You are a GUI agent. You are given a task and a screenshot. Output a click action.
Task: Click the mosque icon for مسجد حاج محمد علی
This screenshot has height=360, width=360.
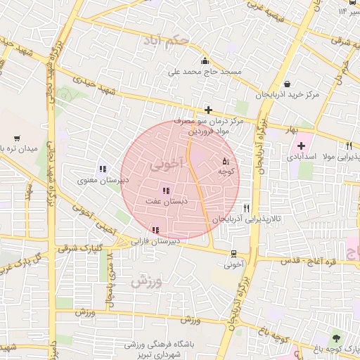pyautogui.click(x=205, y=61)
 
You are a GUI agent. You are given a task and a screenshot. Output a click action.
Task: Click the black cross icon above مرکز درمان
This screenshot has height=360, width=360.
pyautogui.click(x=208, y=110)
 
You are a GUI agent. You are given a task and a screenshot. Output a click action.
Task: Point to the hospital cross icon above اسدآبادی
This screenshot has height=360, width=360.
pyautogui.click(x=302, y=145)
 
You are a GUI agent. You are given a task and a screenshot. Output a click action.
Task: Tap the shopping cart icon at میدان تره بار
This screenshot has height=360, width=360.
pyautogui.click(x=17, y=139)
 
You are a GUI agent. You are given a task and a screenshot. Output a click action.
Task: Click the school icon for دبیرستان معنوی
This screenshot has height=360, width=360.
pyautogui.click(x=103, y=169)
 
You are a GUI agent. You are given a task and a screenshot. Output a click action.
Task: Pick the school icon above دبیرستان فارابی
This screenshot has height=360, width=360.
pyautogui.click(x=155, y=230)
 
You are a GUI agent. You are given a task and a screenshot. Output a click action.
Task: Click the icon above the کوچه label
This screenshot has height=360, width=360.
pyautogui.click(x=225, y=161)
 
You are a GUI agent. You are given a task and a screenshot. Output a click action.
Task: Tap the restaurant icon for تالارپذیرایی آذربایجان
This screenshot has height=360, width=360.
pyautogui.click(x=246, y=208)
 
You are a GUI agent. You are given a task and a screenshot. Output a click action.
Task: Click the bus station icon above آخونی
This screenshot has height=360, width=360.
pyautogui.click(x=233, y=255)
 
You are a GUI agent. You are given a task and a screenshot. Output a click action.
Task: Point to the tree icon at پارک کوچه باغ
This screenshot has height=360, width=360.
pyautogui.click(x=335, y=338)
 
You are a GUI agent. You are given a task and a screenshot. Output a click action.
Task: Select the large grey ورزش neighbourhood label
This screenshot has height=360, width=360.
pyautogui.click(x=146, y=282)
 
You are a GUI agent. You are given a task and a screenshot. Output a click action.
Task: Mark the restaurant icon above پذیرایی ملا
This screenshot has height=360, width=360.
pyautogui.click(x=347, y=146)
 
